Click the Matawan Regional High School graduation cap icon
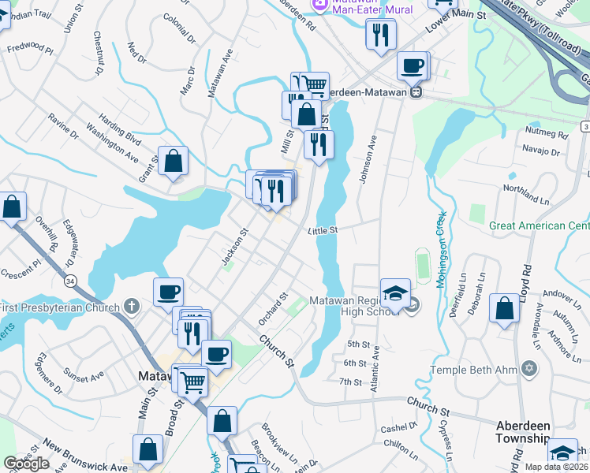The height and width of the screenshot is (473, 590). click(x=395, y=293)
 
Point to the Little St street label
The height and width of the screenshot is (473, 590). click(x=323, y=230)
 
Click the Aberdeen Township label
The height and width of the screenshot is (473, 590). click(x=522, y=431)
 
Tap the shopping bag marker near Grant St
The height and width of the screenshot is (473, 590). click(x=173, y=161)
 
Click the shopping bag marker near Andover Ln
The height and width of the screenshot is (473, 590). click(x=504, y=308)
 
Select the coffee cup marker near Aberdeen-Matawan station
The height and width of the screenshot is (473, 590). click(x=412, y=65)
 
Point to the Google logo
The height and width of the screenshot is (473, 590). click(x=26, y=463)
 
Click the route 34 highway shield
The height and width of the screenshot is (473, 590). click(x=72, y=279)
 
